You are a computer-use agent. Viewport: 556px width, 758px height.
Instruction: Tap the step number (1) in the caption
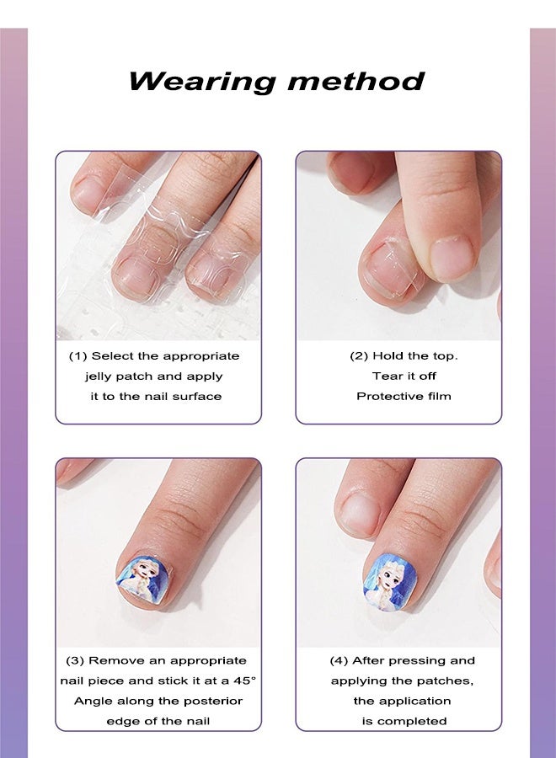tap(78, 356)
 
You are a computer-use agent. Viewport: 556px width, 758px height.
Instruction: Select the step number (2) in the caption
tap(359, 356)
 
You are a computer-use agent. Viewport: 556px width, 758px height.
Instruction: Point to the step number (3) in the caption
tap(75, 661)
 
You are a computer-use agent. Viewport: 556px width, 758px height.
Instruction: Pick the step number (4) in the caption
tap(339, 661)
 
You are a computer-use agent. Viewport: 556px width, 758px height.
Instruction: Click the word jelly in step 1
tap(103, 376)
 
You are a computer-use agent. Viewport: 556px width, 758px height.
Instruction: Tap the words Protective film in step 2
tap(404, 397)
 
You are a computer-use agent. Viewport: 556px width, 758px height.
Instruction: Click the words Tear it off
tap(404, 376)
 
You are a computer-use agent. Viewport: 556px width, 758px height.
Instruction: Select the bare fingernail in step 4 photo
tap(360, 512)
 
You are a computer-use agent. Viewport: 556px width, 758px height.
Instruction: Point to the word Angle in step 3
tap(92, 701)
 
